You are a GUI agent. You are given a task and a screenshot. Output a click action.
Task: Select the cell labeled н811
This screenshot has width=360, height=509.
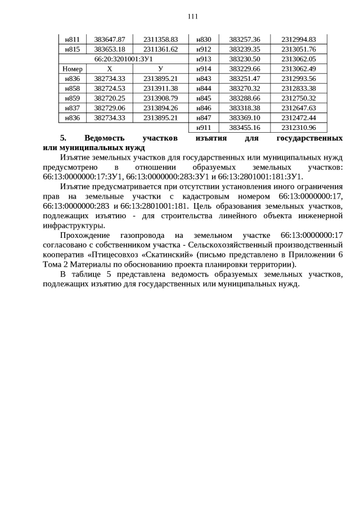(x=72, y=39)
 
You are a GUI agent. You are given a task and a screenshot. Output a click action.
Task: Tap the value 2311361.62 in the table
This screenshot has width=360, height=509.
(x=160, y=49)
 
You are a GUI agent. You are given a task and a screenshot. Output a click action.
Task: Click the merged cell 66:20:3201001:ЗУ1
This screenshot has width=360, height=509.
(x=124, y=59)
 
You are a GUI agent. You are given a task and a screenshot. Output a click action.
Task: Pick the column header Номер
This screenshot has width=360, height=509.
(x=72, y=69)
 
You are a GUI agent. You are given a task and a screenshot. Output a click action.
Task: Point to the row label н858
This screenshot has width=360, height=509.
(x=72, y=88)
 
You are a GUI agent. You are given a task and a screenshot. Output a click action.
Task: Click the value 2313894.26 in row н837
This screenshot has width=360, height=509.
(x=160, y=108)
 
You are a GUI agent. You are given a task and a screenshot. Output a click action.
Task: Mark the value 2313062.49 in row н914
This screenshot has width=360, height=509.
(x=299, y=69)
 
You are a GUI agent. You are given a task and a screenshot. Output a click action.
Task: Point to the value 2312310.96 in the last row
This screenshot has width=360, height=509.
(x=299, y=128)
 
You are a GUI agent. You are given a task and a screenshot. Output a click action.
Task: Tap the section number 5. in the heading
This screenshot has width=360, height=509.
(x=64, y=138)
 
